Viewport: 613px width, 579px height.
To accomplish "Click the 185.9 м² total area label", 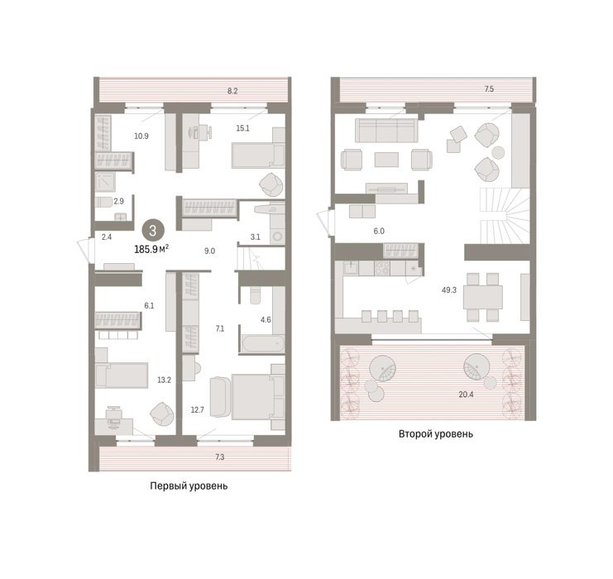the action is point(151,249).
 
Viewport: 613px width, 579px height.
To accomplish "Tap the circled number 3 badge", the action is point(153,231).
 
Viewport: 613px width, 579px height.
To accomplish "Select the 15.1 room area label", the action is point(242,128).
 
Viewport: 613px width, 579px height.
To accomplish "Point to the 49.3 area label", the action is point(449,290).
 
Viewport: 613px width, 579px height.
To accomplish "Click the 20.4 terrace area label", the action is point(466,395).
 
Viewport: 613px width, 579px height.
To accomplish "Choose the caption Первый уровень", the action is point(189,486).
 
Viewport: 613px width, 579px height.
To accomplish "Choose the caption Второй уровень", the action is point(436,433).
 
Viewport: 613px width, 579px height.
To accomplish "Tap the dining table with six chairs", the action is point(483,297).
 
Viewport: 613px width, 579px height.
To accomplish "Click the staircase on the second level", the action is point(505,215).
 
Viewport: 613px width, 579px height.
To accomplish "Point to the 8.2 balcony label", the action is point(232,91).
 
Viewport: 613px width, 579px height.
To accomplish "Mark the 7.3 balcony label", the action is point(220,457).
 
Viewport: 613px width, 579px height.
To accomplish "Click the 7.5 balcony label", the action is point(489,89).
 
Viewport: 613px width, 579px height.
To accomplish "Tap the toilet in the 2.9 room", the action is point(104,202).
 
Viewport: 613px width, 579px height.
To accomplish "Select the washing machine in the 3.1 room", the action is point(278,236).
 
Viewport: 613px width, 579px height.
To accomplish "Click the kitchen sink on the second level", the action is point(351,268).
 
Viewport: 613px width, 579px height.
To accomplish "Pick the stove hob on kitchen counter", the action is point(382,267).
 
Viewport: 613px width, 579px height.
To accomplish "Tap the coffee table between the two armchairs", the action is point(386,160).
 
